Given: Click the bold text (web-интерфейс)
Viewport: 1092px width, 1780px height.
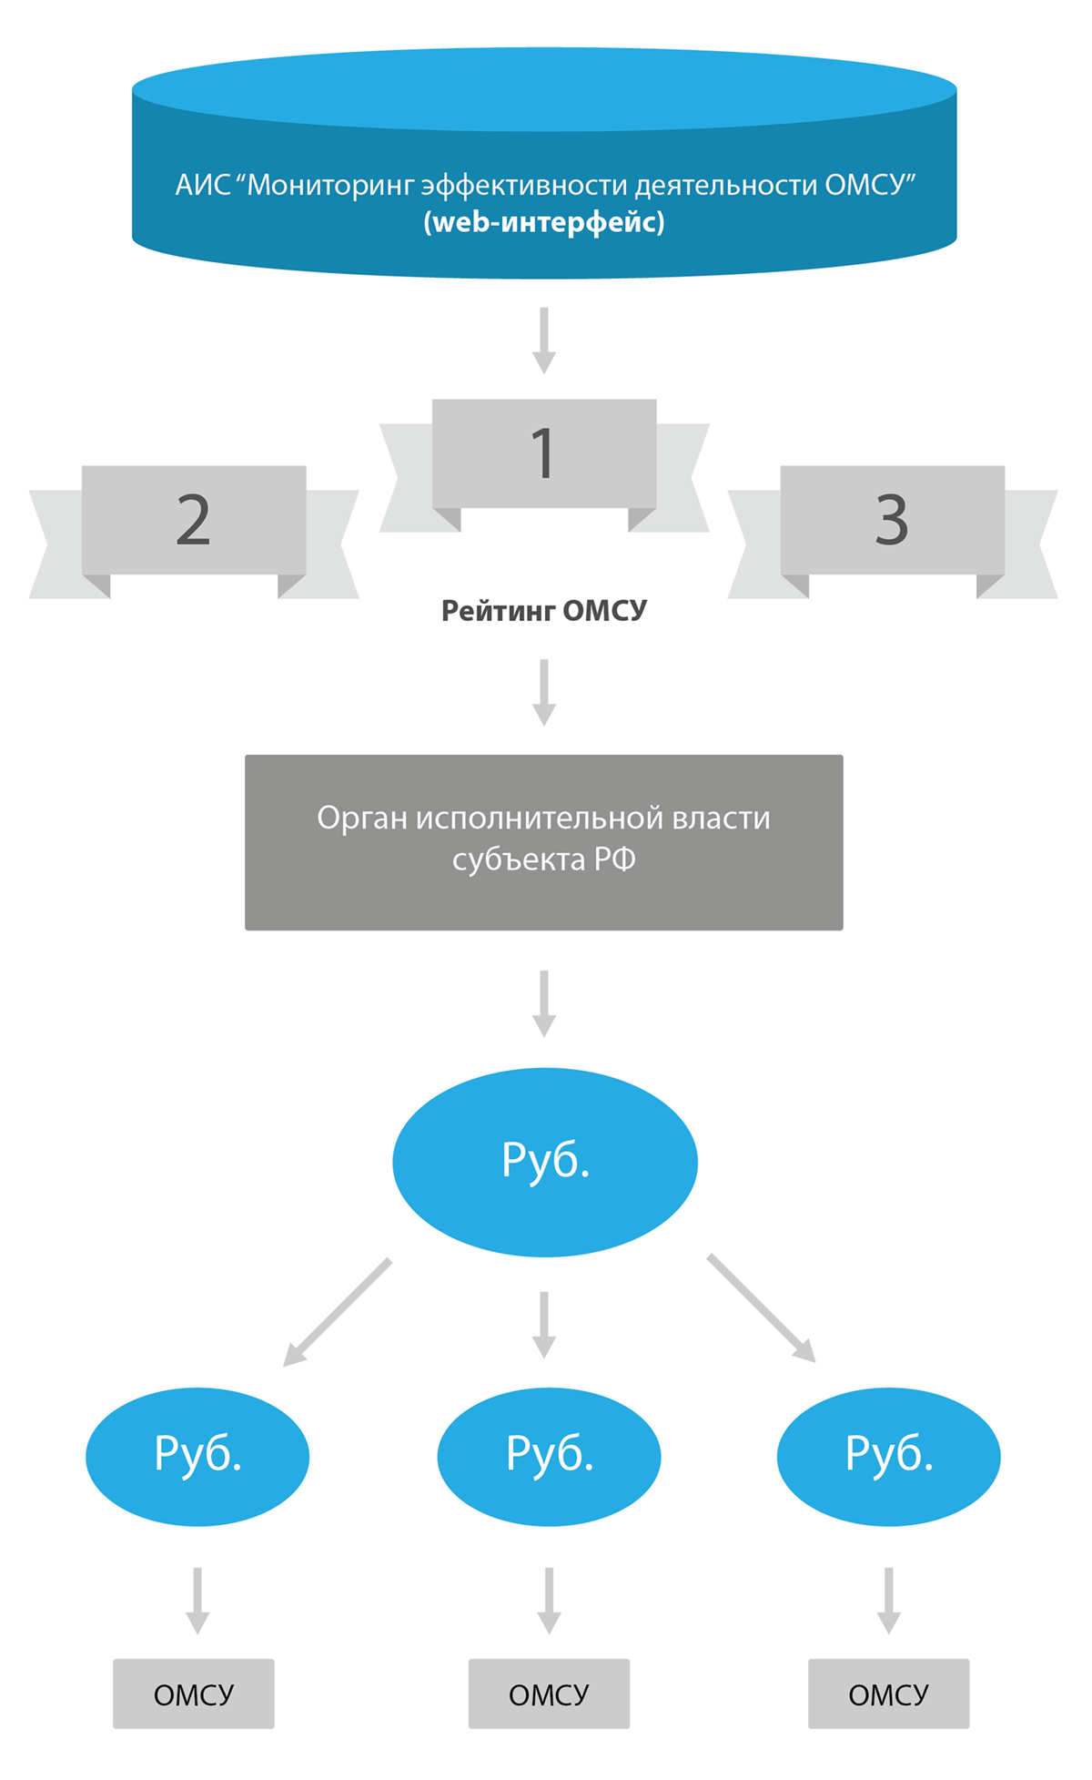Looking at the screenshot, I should point(544,222).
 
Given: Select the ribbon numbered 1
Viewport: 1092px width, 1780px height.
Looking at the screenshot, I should point(544,453).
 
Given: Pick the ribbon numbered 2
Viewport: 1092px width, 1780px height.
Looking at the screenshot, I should point(194,521).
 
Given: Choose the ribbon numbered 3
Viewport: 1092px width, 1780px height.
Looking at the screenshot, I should point(892,521).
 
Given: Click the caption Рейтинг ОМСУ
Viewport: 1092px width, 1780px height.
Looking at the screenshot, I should point(544,610).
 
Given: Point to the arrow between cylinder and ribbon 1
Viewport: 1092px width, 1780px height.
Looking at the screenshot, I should point(544,341).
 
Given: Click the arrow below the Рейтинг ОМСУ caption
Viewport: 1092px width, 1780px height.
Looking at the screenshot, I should point(544,692).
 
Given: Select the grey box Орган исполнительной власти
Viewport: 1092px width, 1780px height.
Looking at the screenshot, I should point(544,841).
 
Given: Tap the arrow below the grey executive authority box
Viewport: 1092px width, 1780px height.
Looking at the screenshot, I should point(544,1003).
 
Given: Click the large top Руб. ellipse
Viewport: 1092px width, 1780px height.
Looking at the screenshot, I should point(544,1162).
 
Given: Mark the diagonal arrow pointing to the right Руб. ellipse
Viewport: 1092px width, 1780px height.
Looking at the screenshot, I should point(762,1309).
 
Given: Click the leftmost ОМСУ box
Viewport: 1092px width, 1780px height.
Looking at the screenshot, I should point(194,1694).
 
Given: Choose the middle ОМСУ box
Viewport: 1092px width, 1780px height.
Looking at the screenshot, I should point(549,1694).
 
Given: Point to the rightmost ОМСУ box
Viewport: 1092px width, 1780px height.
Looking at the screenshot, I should point(888,1694).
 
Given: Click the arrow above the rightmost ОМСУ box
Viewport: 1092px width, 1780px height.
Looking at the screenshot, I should point(888,1600).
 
